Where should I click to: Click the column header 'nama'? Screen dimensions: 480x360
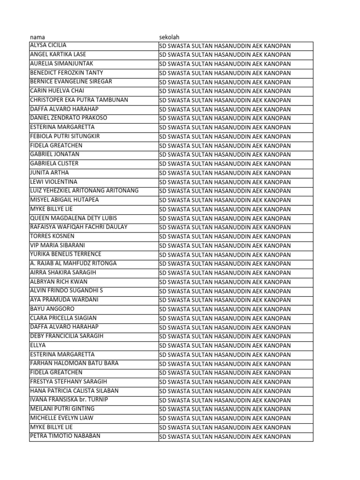coord(37,37)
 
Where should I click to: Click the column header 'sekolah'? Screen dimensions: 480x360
coord(169,37)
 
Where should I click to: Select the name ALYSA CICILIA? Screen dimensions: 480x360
coord(48,45)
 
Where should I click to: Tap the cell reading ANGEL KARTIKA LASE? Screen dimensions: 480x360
coord(58,54)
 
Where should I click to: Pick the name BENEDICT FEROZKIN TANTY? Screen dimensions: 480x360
coord(67,73)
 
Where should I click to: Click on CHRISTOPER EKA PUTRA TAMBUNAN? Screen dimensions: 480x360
coord(79,100)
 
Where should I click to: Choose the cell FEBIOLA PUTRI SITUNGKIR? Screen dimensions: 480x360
coord(65,136)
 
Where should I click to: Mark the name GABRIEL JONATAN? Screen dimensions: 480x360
coord(55,154)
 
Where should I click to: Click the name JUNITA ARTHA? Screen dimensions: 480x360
coord(49,172)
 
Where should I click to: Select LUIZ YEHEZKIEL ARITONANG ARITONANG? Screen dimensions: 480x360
coord(84,191)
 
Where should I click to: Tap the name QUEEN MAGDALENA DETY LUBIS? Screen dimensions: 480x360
coord(74,218)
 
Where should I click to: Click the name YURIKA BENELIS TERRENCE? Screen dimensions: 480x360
coord(66,254)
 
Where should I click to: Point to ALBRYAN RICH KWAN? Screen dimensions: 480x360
coord(59,282)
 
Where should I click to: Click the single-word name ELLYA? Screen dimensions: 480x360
coord(38,345)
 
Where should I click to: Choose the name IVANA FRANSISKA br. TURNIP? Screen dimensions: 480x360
coord(69,400)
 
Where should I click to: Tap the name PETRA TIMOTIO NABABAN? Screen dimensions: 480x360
coord(65,436)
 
